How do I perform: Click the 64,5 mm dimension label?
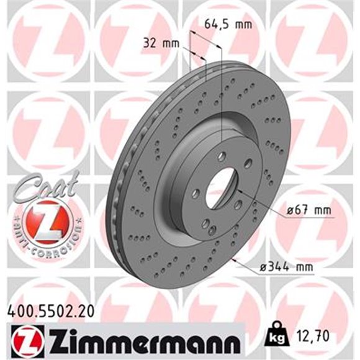[228, 24]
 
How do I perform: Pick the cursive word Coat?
[45, 187]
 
